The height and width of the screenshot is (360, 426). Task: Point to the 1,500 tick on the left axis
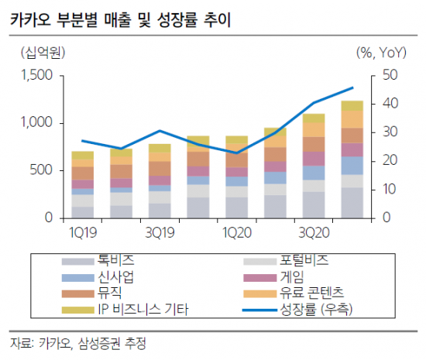36,76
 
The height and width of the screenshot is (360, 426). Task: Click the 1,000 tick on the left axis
36,123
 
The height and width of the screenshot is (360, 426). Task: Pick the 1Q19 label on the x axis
82,231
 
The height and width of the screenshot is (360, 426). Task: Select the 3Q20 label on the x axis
314,231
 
